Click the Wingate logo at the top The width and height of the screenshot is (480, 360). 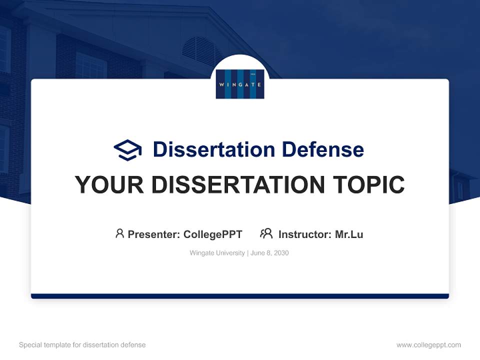point(240,83)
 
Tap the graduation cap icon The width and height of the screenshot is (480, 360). point(127,149)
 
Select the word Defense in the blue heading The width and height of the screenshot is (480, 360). point(322,149)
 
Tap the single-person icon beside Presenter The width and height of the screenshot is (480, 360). point(119,233)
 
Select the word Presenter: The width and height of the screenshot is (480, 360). point(153,234)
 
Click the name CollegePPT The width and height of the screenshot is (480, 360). point(213,234)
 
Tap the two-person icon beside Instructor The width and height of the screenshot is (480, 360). point(266,233)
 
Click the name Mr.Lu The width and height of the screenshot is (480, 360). point(349,234)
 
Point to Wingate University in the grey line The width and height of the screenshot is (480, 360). point(217,253)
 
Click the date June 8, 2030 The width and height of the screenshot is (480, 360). point(269,253)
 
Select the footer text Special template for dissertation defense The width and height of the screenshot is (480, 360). point(82,345)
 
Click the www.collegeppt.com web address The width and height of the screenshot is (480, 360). point(428,345)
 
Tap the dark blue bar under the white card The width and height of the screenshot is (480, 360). point(240,296)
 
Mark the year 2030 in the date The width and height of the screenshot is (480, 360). point(281,253)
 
